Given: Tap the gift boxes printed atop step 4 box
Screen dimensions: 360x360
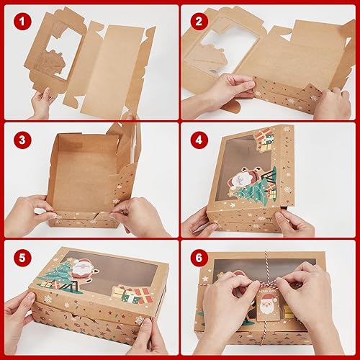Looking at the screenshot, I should point(264,136).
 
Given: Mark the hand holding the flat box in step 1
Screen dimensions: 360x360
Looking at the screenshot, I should point(43,101).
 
